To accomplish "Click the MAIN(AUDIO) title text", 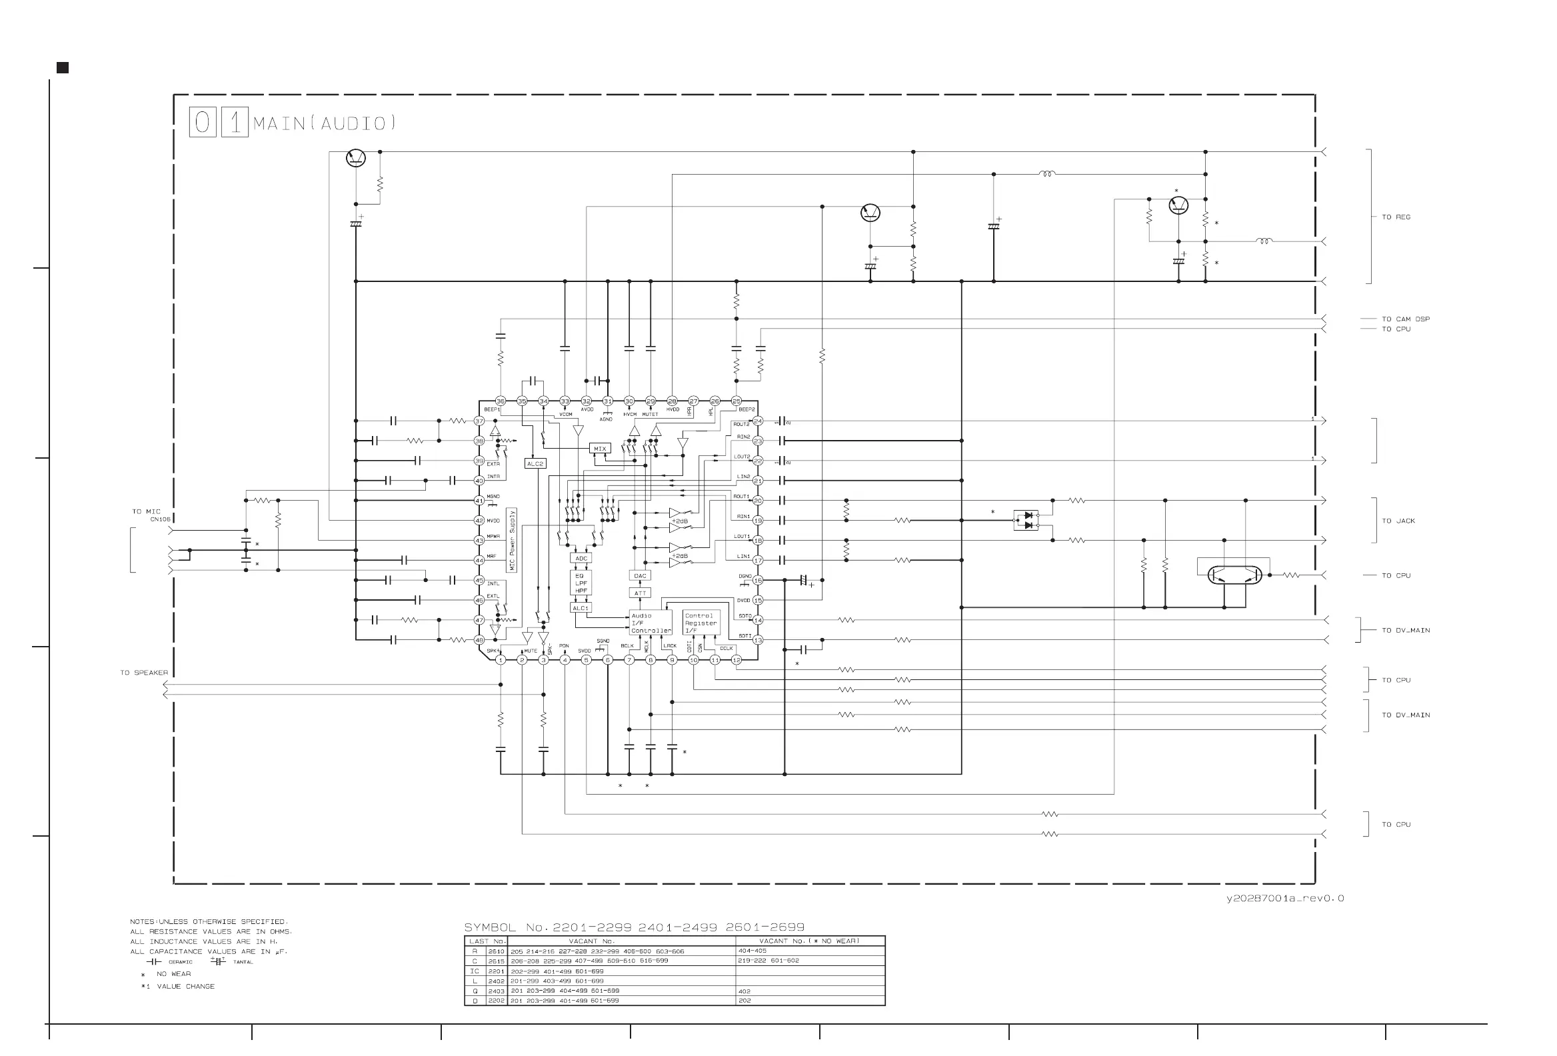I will point(324,123).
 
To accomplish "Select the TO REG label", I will point(1396,217).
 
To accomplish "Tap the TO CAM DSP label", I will point(1405,319).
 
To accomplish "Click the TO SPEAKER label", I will point(144,673).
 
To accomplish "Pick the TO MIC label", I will point(146,511).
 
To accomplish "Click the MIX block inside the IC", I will point(600,449).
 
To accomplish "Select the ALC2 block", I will point(535,464).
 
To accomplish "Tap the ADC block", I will point(581,558).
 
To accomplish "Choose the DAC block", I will point(640,575).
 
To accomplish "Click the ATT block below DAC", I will point(640,593).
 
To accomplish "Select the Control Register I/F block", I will point(701,623).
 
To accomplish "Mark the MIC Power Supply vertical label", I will point(512,540).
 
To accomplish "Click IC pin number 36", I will point(501,401).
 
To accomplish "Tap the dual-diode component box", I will point(1026,521).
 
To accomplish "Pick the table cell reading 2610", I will point(496,951).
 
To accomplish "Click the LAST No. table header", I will point(487,941).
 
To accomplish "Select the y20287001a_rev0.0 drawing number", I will point(1284,899).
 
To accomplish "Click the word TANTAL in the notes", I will point(243,962).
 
